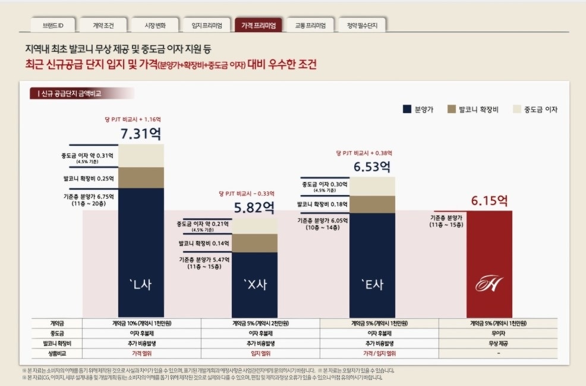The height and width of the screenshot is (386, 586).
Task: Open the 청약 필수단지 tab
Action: pos(362,26)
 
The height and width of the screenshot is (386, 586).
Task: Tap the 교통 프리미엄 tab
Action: pos(310,26)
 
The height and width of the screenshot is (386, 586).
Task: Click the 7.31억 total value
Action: pos(140,134)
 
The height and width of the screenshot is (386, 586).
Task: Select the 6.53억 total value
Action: pos(372,167)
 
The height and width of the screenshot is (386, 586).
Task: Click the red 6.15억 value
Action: pos(490,201)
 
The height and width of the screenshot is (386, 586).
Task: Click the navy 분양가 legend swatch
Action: pos(407,109)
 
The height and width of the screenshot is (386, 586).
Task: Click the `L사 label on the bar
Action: pos(141,284)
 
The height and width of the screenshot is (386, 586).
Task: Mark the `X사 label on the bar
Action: pos(254,285)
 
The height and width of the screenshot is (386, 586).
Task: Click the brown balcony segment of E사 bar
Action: pos(372,204)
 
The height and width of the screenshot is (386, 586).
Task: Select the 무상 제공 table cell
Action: pos(498,343)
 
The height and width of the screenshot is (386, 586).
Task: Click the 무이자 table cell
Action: pos(498,333)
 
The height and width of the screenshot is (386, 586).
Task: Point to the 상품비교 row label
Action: pos(57,353)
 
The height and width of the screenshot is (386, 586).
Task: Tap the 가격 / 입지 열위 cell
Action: pos(379,353)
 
